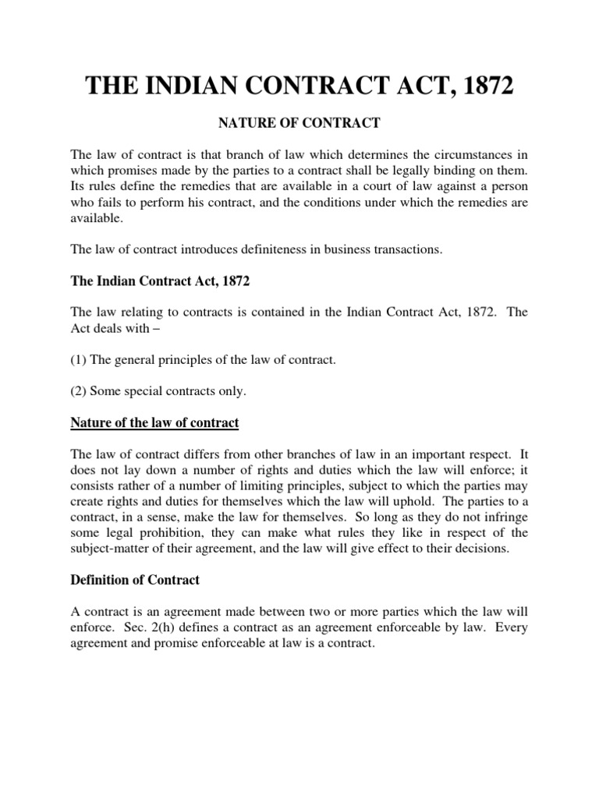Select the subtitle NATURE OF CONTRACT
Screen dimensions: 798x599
(x=299, y=122)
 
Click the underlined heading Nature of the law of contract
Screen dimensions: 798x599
(x=154, y=423)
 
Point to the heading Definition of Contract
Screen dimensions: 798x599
(x=135, y=580)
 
